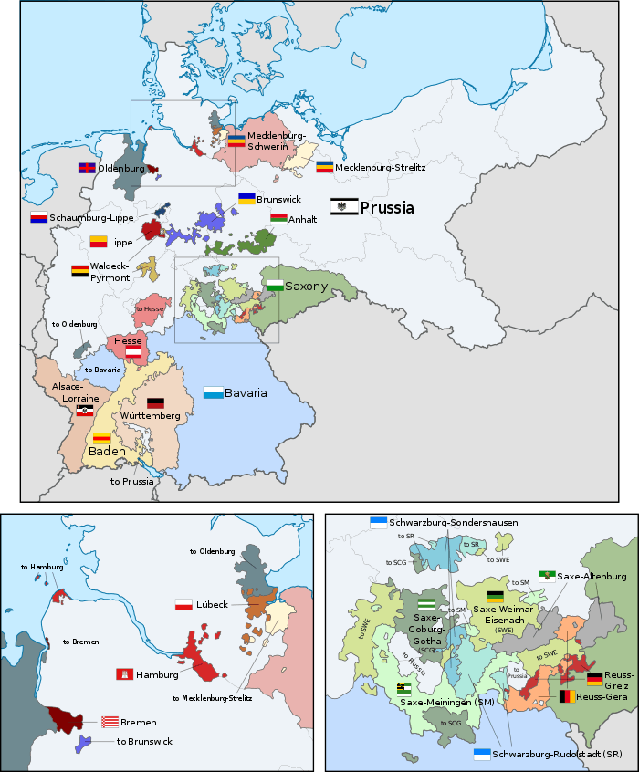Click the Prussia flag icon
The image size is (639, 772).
pyautogui.click(x=343, y=207)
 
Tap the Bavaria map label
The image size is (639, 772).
pyautogui.click(x=246, y=392)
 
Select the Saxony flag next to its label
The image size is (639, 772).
pyautogui.click(x=274, y=286)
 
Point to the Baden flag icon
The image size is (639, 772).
pyautogui.click(x=101, y=437)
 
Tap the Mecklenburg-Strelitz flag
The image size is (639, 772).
pyautogui.click(x=324, y=167)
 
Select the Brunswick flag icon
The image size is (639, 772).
pyautogui.click(x=246, y=197)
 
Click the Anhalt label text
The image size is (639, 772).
pyautogui.click(x=302, y=219)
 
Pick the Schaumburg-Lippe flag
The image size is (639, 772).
pyautogui.click(x=38, y=218)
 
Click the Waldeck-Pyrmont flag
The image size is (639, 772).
pyautogui.click(x=79, y=271)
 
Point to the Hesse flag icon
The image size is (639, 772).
pyautogui.click(x=133, y=351)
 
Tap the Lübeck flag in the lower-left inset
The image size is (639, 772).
pyautogui.click(x=183, y=606)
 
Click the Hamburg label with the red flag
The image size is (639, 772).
pyautogui.click(x=157, y=674)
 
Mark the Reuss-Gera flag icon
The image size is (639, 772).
pyautogui.click(x=567, y=696)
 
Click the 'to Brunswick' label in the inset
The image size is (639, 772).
pyautogui.click(x=144, y=742)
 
